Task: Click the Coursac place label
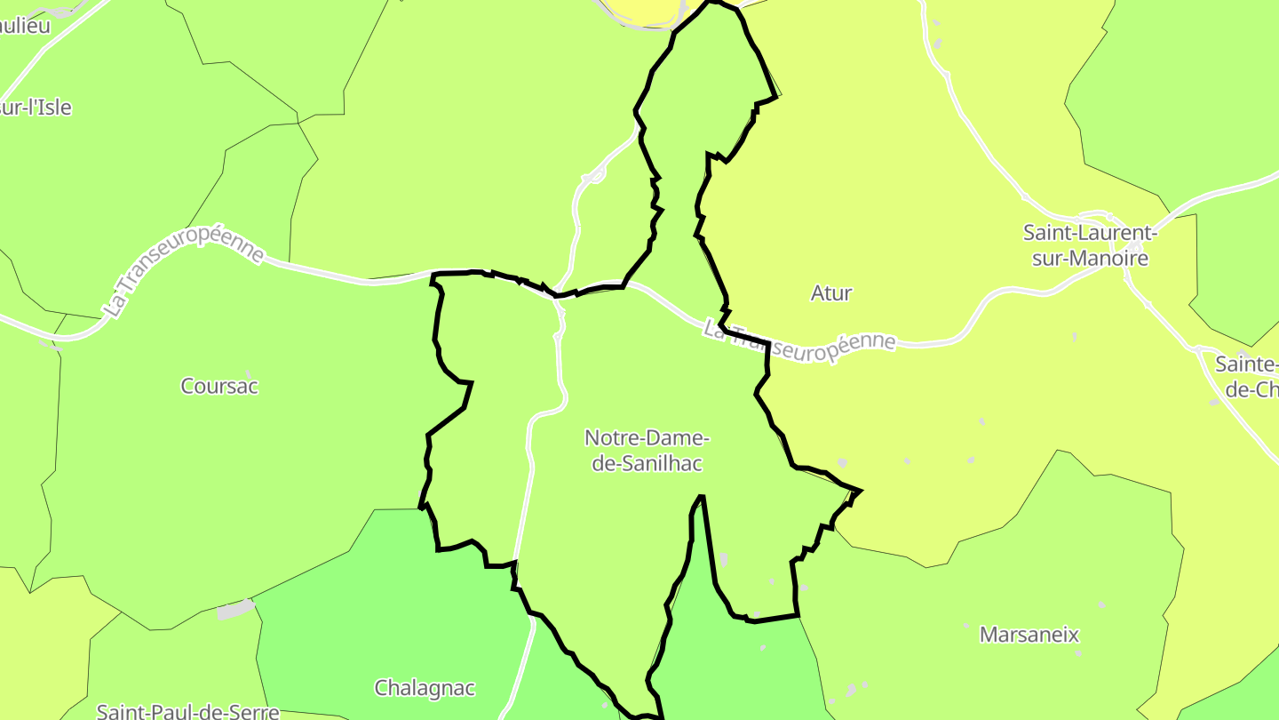click(x=219, y=387)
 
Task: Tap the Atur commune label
click(x=831, y=293)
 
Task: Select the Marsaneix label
click(x=1029, y=635)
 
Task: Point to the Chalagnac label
click(x=425, y=688)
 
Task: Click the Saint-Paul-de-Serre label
click(x=187, y=711)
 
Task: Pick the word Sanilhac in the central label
click(x=647, y=463)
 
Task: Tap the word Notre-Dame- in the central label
click(x=647, y=438)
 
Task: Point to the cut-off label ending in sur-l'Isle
click(x=36, y=108)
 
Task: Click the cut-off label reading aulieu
click(x=25, y=26)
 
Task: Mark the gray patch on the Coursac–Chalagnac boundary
click(x=235, y=610)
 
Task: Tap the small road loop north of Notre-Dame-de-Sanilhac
click(x=593, y=175)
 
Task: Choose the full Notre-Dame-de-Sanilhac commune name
click(x=647, y=451)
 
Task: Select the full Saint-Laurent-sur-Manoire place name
click(x=1089, y=246)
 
